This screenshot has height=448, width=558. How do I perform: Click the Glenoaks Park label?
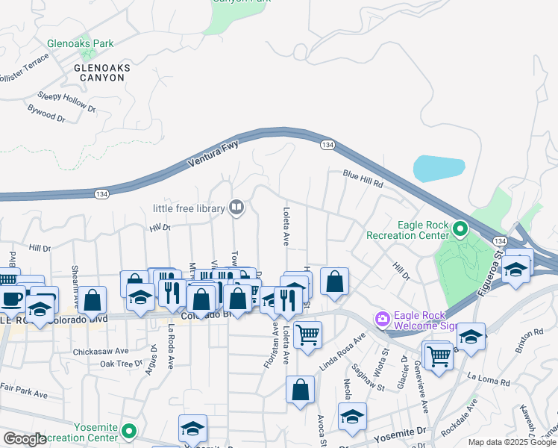pyautogui.click(x=80, y=44)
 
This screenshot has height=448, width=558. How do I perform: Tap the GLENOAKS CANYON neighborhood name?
pyautogui.click(x=102, y=72)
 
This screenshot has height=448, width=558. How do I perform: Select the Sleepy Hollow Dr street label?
pyautogui.click(x=67, y=102)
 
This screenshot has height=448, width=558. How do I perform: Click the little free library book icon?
pyautogui.click(x=236, y=207)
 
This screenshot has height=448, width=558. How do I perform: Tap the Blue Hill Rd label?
pyautogui.click(x=363, y=178)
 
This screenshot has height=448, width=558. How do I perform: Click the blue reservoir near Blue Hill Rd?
pyautogui.click(x=439, y=169)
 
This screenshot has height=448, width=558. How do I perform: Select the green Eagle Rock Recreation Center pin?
pyautogui.click(x=461, y=229)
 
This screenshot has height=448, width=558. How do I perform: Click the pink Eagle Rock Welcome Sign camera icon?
pyautogui.click(x=383, y=320)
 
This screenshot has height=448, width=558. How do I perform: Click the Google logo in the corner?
pyautogui.click(x=25, y=439)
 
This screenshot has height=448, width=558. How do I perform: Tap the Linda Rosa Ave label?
pyautogui.click(x=343, y=351)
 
